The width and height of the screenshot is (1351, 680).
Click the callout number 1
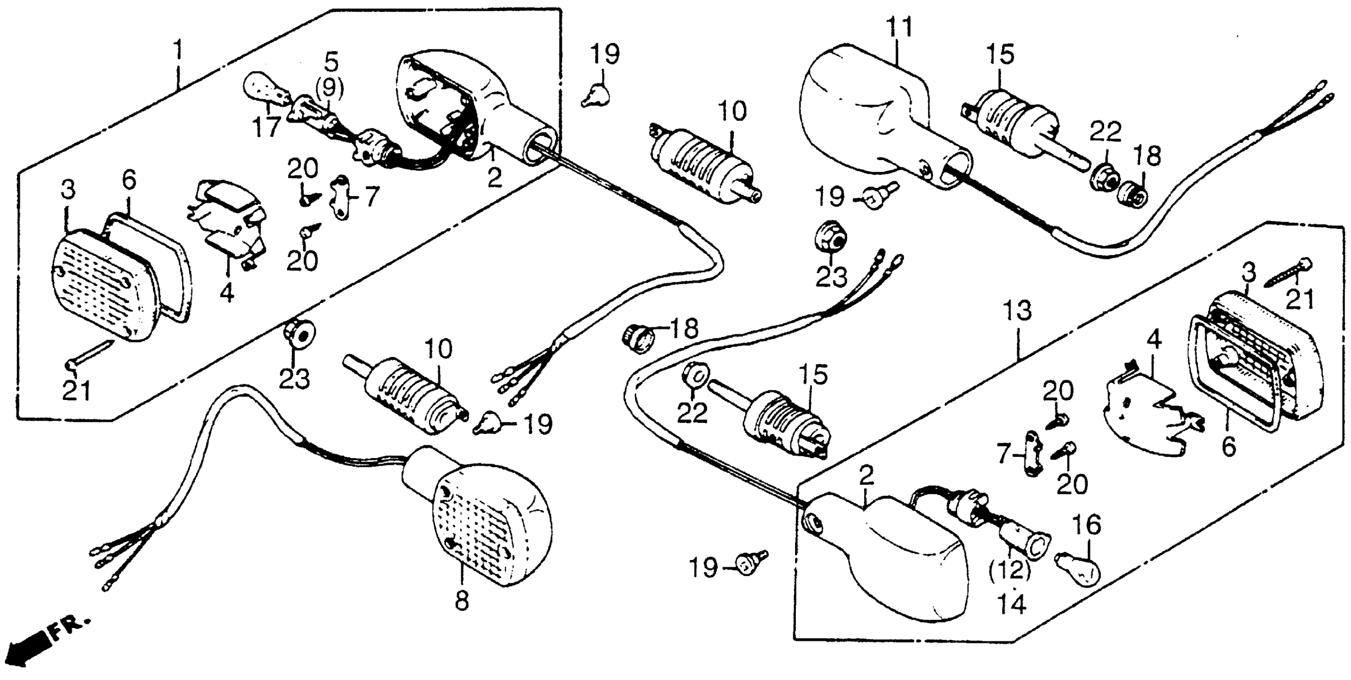[x=179, y=52]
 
